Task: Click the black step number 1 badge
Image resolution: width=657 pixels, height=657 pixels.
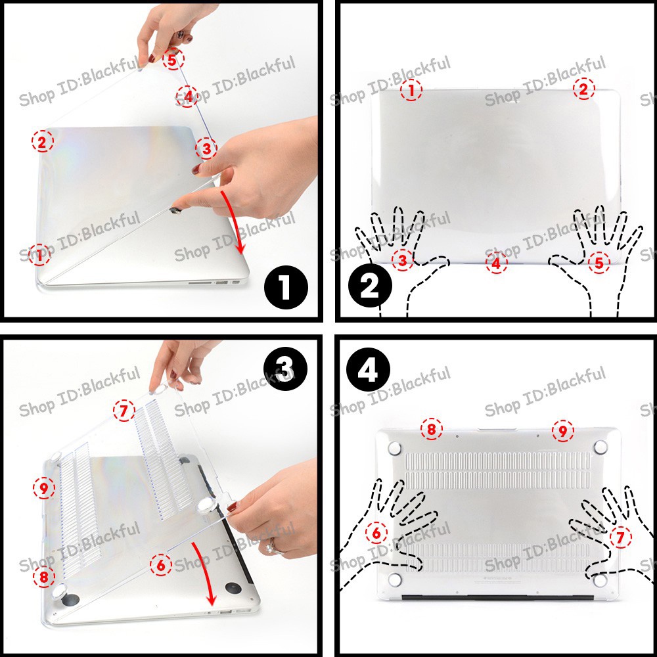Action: pos(285,288)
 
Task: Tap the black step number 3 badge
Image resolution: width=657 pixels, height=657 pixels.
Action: pos(284,369)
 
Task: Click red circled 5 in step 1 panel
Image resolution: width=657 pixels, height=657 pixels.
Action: pos(173,60)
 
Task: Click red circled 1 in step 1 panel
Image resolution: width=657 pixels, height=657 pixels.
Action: pos(41,255)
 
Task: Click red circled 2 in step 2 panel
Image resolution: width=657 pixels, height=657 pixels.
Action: pos(583,89)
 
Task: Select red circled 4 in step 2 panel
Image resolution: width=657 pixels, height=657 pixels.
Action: pos(497,263)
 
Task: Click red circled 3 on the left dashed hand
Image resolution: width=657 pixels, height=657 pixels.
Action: pos(403,261)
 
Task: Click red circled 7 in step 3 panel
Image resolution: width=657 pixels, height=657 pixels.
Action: pos(124,411)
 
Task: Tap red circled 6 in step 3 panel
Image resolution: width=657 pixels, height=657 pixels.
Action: pos(161,564)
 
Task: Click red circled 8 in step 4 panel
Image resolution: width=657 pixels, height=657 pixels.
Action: pos(431,430)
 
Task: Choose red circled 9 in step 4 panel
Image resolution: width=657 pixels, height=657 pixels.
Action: pos(562,431)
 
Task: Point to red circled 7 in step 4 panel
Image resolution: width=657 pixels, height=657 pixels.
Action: pos(620,537)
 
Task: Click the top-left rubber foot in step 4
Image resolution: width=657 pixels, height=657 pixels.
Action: pos(395,448)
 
